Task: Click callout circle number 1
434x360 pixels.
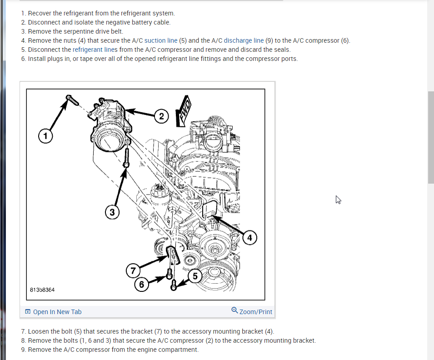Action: coord(45,135)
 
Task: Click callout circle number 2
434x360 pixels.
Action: coord(161,116)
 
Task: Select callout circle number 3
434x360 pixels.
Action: coord(112,211)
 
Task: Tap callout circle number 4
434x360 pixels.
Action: coord(249,237)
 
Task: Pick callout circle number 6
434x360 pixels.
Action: coord(142,285)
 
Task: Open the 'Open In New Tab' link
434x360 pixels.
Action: coord(54,312)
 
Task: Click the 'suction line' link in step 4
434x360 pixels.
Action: coord(161,40)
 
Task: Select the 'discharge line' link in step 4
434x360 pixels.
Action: coord(244,40)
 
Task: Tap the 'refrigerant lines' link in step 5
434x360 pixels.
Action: coord(95,50)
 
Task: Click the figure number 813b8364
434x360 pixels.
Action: coord(43,290)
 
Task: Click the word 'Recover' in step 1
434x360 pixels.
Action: coord(40,13)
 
